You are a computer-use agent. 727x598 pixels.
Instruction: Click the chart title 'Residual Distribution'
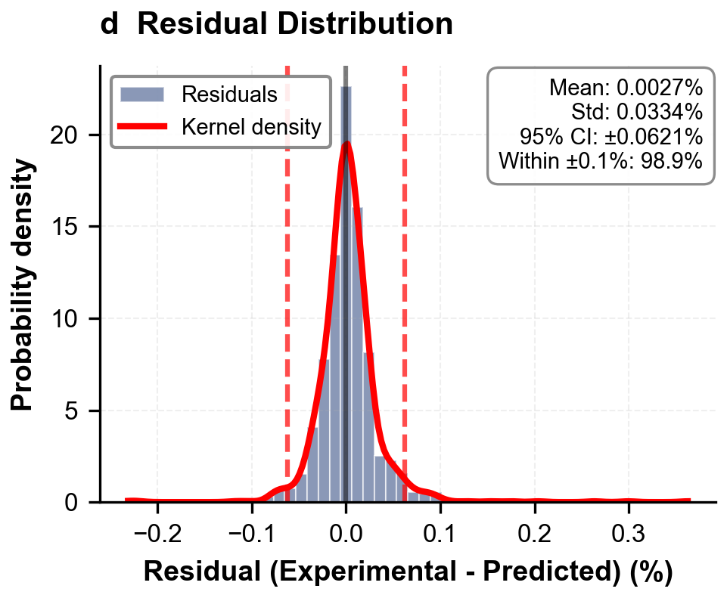[x=295, y=25]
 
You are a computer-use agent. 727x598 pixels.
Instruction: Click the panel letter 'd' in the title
[x=110, y=25]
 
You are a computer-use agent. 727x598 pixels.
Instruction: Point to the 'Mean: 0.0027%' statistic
[x=626, y=88]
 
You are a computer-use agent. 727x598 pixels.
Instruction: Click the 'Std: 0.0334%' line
[x=637, y=112]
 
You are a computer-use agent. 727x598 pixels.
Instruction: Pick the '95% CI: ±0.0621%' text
[x=610, y=136]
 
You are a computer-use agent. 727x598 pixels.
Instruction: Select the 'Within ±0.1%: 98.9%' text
[x=601, y=160]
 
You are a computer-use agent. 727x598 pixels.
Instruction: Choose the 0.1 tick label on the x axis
[x=440, y=528]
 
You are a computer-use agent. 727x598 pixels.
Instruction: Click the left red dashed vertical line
[x=287, y=302]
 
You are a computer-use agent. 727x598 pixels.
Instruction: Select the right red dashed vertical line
[x=405, y=302]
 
